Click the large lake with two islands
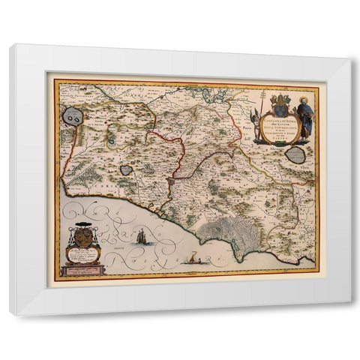(73, 116)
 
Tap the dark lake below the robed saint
(295, 155)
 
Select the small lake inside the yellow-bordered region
(126, 170)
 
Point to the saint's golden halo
(304, 100)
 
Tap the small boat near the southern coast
(193, 260)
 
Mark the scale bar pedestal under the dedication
(83, 269)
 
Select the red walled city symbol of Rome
(172, 181)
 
